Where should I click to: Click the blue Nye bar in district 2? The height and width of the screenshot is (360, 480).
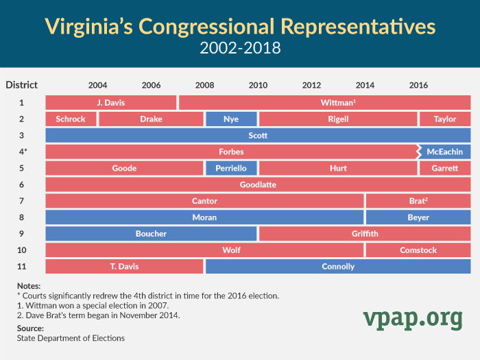(x=231, y=119)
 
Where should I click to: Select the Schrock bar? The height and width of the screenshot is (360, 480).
(x=71, y=119)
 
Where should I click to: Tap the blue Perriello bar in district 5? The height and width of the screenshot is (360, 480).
(x=231, y=168)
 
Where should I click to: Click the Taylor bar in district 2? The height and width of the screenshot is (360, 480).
(x=445, y=119)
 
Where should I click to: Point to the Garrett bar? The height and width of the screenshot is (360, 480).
(x=445, y=168)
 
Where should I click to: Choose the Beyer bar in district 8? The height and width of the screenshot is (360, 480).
(x=418, y=217)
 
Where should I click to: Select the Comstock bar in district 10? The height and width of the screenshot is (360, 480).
(x=418, y=250)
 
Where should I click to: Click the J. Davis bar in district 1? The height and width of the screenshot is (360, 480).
(x=110, y=102)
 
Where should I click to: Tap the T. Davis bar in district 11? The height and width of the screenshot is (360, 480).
(x=124, y=266)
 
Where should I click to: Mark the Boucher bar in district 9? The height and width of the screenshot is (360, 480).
(x=151, y=234)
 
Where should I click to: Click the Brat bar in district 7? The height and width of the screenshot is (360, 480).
(x=418, y=201)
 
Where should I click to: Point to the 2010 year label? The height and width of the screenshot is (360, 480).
(x=258, y=85)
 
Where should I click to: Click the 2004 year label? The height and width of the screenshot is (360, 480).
(x=97, y=85)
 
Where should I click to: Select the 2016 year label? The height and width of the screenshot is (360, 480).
(x=418, y=85)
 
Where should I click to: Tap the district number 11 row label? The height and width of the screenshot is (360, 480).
(x=21, y=266)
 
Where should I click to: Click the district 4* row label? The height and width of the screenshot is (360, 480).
(x=22, y=152)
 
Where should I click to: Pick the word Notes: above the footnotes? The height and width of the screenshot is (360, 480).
(x=29, y=286)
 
